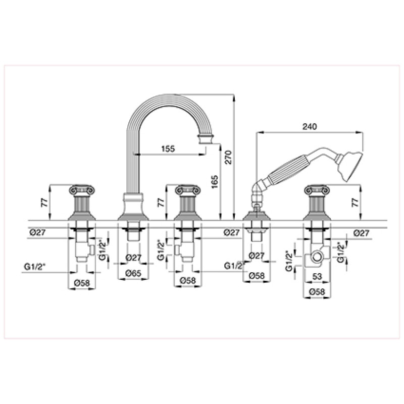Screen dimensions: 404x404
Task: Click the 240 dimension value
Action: (x=310, y=127)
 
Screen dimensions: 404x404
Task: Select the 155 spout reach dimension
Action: (x=168, y=148)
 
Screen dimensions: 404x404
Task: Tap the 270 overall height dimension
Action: (x=229, y=157)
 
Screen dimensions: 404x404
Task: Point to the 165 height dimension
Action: (x=215, y=182)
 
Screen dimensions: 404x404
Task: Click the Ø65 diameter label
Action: (x=133, y=273)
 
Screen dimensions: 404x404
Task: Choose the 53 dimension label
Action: (x=317, y=276)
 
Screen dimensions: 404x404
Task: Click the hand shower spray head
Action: (x=350, y=165)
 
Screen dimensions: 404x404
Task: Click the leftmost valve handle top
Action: (x=82, y=190)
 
